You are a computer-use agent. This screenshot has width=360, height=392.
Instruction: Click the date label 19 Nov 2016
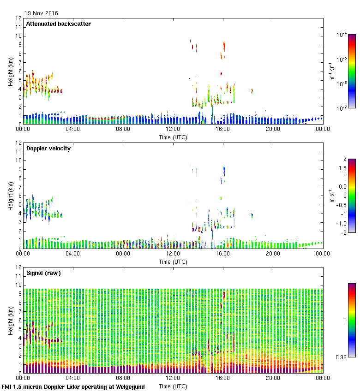42,13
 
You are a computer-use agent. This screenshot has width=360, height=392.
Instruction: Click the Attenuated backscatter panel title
59,24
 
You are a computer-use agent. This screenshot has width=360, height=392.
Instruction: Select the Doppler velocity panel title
48,148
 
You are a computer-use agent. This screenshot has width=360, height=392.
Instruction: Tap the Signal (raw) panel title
43,273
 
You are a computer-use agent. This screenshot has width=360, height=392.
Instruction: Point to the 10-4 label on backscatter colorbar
342,35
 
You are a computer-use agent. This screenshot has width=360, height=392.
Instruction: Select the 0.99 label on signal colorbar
342,357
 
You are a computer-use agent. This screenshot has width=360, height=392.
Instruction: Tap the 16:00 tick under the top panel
223,130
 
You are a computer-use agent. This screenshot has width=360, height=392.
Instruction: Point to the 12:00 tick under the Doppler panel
173,254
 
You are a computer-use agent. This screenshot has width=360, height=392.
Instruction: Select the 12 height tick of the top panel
19,18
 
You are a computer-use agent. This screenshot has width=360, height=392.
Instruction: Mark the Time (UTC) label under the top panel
173,137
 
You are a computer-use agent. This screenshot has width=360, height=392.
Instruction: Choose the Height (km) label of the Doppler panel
11,196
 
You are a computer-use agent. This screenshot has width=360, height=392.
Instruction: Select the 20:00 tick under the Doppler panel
273,254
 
